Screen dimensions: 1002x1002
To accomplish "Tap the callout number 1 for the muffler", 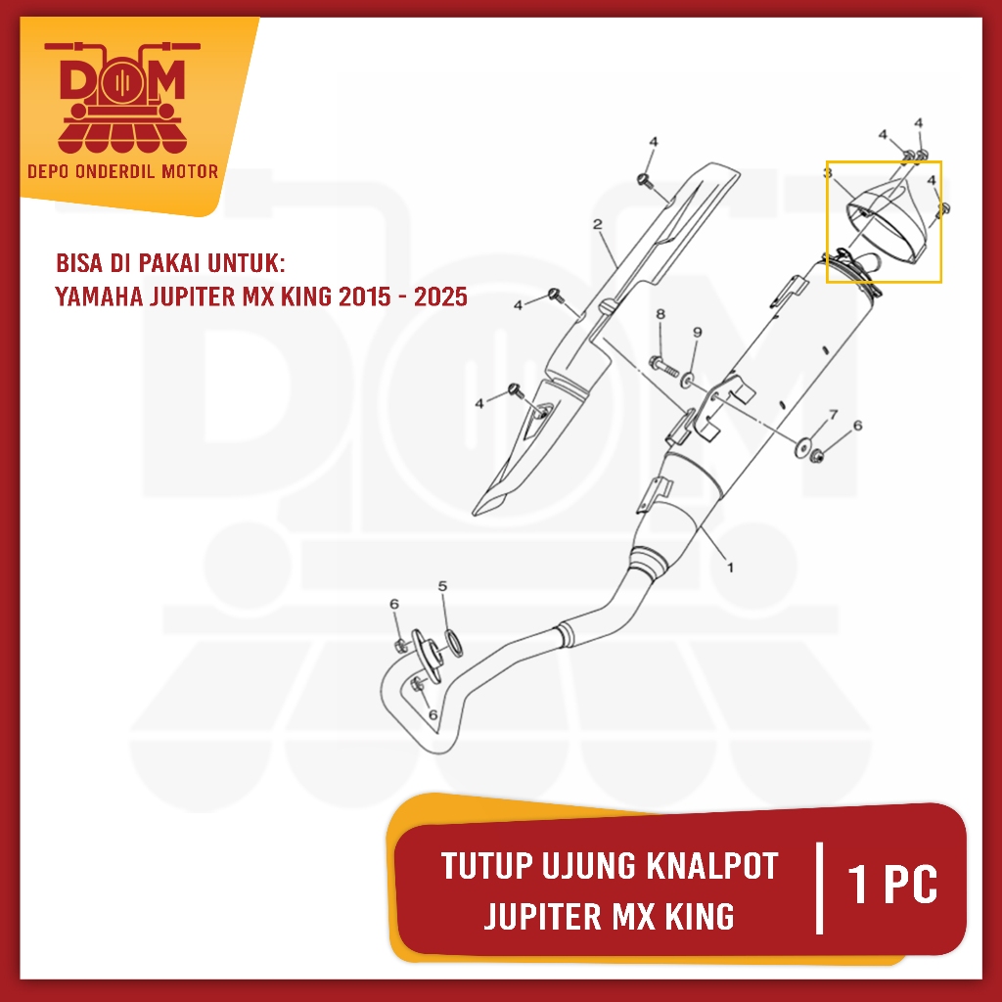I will point(730,566).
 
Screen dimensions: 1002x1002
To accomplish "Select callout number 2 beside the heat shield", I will point(597,226).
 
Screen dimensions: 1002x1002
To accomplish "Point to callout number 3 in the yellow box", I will point(828,173).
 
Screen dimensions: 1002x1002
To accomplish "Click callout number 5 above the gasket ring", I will point(442,586).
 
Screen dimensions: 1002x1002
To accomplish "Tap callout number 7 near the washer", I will point(833,415).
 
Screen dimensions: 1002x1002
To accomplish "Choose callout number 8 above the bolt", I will point(660,314).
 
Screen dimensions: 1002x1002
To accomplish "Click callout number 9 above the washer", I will point(697,333).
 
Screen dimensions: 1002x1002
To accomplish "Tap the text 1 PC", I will point(893,885).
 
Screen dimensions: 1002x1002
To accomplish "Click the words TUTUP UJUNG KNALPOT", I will point(609,866).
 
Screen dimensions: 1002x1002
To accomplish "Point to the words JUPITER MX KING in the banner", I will point(609,917).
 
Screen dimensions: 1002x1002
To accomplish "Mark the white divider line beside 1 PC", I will point(818,887).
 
